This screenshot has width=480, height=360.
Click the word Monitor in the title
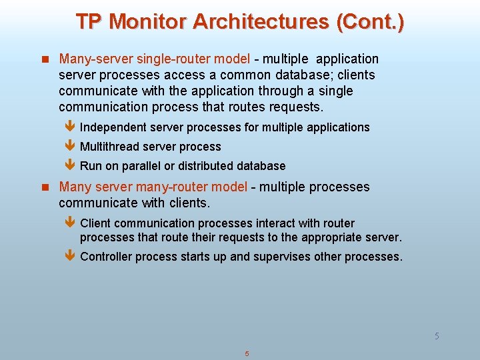pyautogui.click(x=147, y=21)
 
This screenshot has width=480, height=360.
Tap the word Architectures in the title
pyautogui.click(x=261, y=21)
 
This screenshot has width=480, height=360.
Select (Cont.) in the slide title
pyautogui.click(x=370, y=21)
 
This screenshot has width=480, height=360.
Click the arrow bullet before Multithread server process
pyautogui.click(x=71, y=147)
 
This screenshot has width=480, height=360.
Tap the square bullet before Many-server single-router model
pyautogui.click(x=46, y=59)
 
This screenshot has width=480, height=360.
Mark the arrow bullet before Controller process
pyautogui.click(x=71, y=257)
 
